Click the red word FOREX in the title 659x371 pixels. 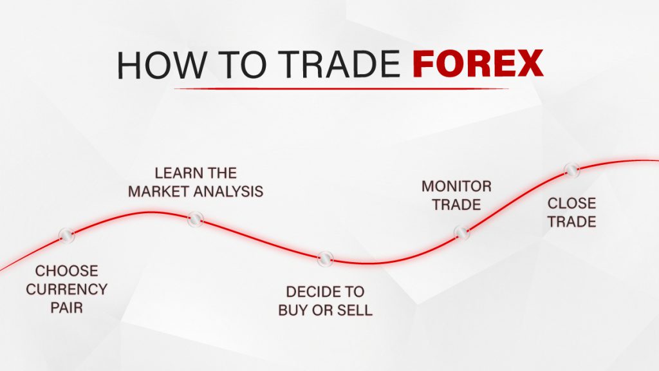click(x=478, y=64)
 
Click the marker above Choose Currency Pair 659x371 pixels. click(x=66, y=236)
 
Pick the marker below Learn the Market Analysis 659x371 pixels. click(x=195, y=220)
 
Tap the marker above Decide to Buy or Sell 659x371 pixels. click(x=326, y=259)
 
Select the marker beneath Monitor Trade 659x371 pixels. click(x=462, y=233)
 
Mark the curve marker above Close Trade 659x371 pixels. click(x=571, y=171)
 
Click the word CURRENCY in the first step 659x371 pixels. click(x=67, y=289)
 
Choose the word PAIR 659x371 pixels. click(x=67, y=307)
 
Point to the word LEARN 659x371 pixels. click(x=175, y=173)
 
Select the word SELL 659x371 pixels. click(x=357, y=310)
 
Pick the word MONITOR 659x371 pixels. click(x=456, y=187)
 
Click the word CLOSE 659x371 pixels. click(x=571, y=204)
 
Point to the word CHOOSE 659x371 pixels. click(x=67, y=271)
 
